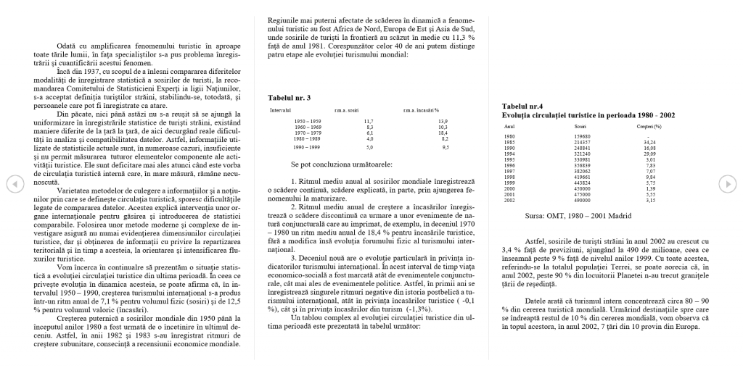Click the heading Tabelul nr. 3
click(289, 97)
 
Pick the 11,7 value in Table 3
click(369, 121)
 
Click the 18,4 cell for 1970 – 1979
click(443, 133)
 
